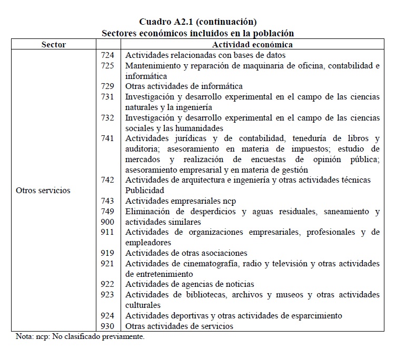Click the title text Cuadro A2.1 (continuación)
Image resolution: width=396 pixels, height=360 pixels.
[197, 22]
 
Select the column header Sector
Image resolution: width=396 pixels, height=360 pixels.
[54, 45]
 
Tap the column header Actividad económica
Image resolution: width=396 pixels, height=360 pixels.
[252, 45]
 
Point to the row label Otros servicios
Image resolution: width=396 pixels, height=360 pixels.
[43, 190]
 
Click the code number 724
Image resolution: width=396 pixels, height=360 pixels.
[107, 55]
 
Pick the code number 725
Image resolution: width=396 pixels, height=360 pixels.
[107, 65]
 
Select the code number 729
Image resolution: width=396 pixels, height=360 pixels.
[107, 86]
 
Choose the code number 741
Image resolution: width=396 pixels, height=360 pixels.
[107, 138]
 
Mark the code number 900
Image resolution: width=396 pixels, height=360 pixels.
[107, 222]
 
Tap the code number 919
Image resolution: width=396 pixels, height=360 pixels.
[107, 253]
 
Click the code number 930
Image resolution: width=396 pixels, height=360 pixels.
[107, 326]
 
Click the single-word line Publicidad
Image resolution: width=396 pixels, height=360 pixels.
[145, 190]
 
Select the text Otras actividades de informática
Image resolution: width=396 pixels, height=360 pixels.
[184, 86]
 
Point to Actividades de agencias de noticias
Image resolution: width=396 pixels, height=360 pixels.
[190, 284]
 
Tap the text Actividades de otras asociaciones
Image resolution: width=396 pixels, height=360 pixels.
[186, 253]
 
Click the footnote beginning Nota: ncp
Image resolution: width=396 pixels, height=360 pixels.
[80, 336]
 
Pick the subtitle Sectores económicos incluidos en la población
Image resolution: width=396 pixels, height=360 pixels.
[197, 33]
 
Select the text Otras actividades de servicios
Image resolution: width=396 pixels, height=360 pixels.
[179, 326]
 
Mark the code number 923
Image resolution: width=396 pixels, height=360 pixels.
[107, 295]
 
